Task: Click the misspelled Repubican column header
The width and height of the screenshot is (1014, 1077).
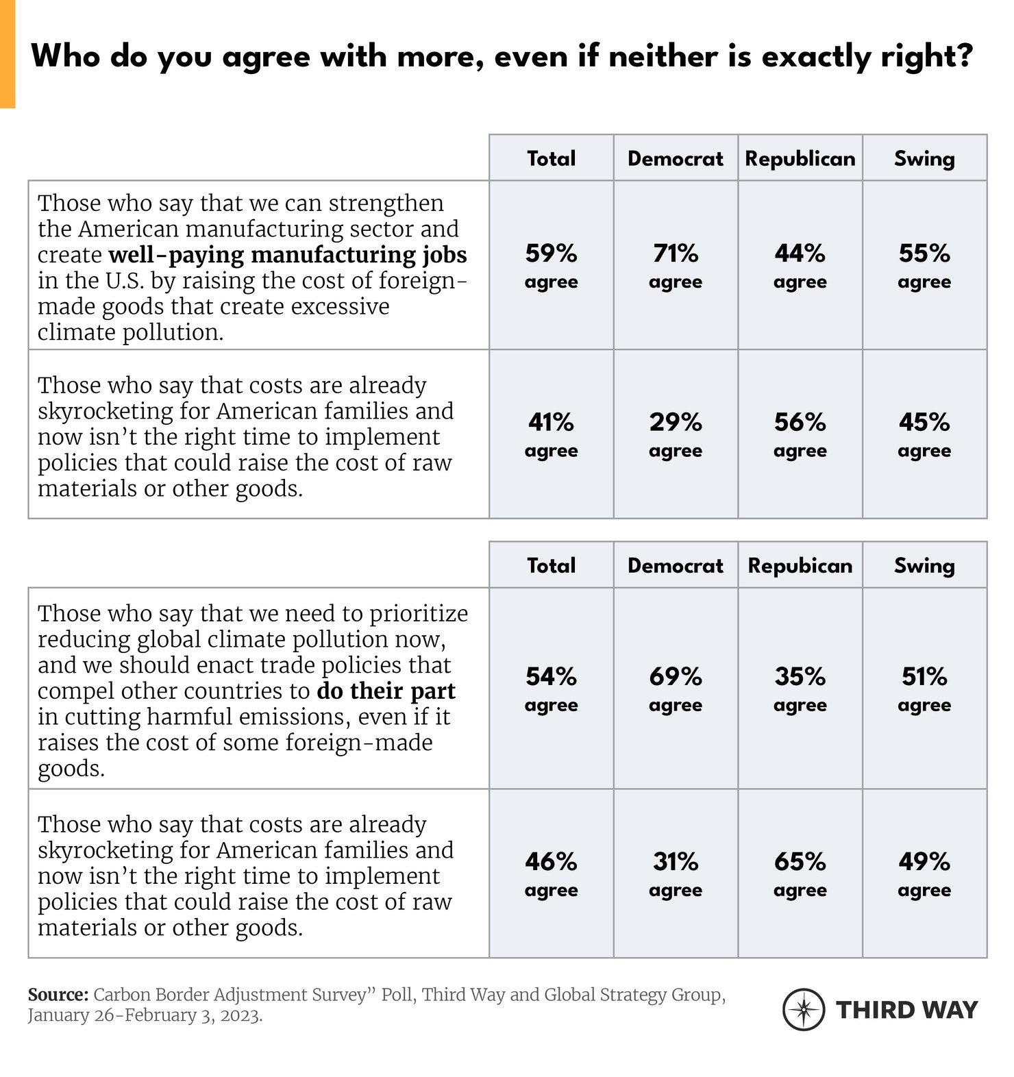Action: click(800, 565)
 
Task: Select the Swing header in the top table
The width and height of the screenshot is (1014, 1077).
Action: click(924, 158)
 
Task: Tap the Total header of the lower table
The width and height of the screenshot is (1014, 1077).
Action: click(551, 565)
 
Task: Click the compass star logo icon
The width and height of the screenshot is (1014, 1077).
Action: click(804, 1009)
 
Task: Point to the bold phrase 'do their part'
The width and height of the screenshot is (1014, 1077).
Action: click(386, 691)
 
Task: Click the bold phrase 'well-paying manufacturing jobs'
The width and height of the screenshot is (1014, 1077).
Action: click(288, 255)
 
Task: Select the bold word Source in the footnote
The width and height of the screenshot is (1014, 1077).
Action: click(58, 995)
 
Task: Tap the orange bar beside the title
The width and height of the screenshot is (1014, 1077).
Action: click(8, 53)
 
